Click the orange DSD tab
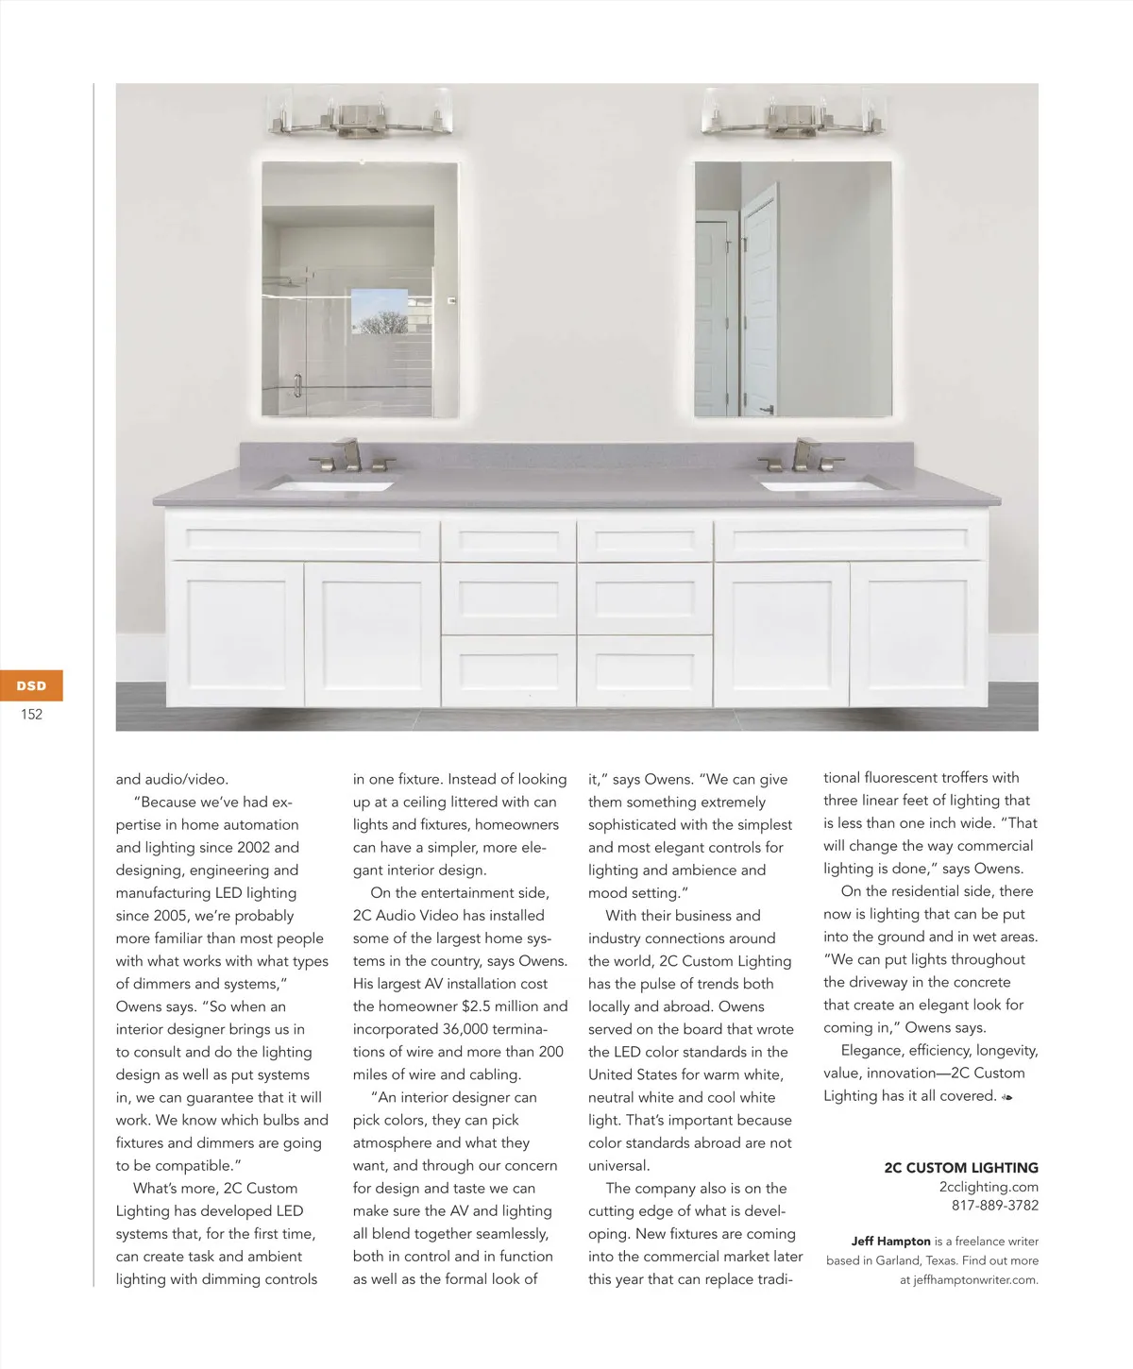coord(31,685)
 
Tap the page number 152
coord(31,715)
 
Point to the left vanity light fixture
coord(360,116)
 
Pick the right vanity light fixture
coord(794,116)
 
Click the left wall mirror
coord(360,289)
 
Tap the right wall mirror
coord(793,289)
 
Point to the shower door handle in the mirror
coord(297,385)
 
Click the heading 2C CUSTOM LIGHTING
coord(960,1168)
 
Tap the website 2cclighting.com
coord(988,1187)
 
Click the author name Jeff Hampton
coord(890,1242)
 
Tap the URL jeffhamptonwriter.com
coord(975,1280)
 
